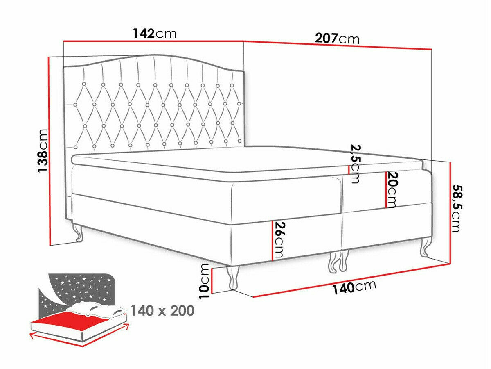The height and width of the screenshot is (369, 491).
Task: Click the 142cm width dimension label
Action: [x=155, y=34]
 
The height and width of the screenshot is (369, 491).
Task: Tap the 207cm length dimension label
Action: [x=337, y=39]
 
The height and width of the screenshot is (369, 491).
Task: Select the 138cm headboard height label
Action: [x=43, y=150]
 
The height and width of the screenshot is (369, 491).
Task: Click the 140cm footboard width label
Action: [x=354, y=287]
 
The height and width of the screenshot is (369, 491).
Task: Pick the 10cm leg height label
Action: [x=204, y=281]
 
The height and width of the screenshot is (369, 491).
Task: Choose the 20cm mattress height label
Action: [x=392, y=190]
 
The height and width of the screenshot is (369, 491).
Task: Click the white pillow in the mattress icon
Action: [x=97, y=309]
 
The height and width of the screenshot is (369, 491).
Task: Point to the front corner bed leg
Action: [x=233, y=278]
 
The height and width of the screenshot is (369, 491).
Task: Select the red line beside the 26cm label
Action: [x=273, y=241]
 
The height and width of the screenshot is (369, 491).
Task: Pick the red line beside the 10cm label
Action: [x=212, y=280]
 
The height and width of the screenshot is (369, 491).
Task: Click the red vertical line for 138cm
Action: [x=50, y=151]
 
